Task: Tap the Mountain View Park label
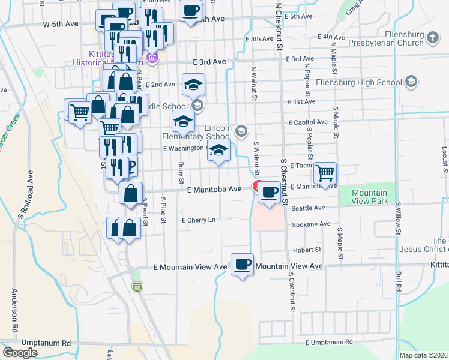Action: click(369, 197)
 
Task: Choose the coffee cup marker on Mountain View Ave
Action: click(243, 264)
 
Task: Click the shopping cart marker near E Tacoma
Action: click(325, 173)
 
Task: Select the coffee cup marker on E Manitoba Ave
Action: click(270, 193)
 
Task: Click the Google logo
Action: click(20, 353)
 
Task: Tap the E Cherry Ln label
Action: click(198, 220)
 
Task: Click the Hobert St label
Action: click(307, 250)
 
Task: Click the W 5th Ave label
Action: click(61, 24)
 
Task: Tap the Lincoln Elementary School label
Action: click(196, 133)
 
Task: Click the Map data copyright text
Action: click(423, 355)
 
